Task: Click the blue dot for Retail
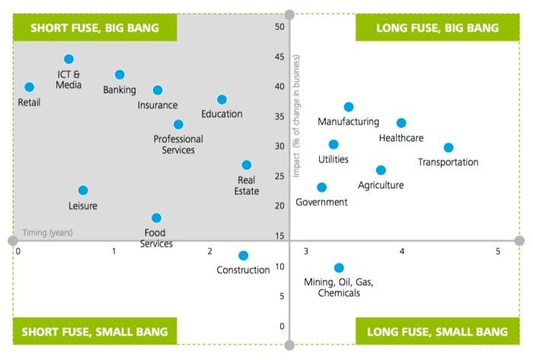tap(30, 88)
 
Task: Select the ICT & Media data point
tap(69, 59)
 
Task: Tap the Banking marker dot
tap(120, 75)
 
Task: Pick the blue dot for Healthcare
tap(401, 123)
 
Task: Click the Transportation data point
tap(448, 148)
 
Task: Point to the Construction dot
tap(243, 256)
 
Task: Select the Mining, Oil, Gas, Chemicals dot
tap(339, 268)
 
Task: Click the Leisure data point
tap(83, 190)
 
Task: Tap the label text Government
tap(321, 202)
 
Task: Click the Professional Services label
tap(178, 145)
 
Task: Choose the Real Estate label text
tap(247, 186)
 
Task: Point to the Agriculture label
tap(381, 185)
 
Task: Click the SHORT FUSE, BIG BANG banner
tap(94, 28)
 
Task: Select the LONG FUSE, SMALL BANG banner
tap(437, 332)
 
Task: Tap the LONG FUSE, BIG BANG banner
tap(437, 28)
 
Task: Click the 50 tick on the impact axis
tap(279, 27)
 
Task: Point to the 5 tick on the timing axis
tap(498, 251)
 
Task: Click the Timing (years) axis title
tap(47, 233)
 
